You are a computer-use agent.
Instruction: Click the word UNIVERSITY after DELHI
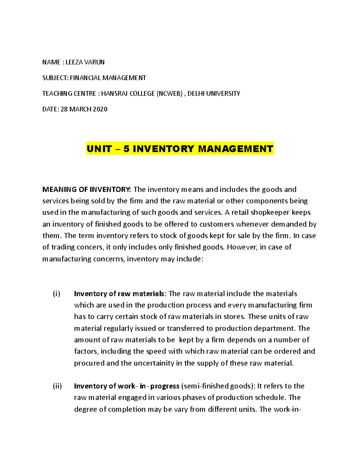point(223,94)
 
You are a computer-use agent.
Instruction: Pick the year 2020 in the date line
point(100,109)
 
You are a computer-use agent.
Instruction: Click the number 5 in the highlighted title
point(126,149)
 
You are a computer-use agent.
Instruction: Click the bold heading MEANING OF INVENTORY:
point(87,189)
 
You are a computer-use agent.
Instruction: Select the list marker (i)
point(56,293)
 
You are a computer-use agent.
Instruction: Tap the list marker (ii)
point(57,386)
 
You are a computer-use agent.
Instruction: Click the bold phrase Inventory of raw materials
point(119,293)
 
